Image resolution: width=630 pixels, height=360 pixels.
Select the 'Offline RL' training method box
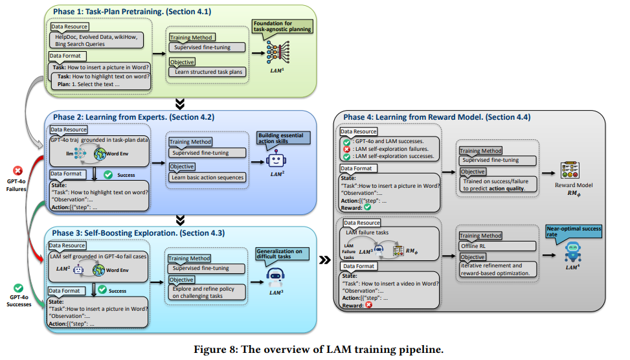pos(497,246)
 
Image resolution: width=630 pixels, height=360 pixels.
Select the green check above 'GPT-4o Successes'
pos(17,288)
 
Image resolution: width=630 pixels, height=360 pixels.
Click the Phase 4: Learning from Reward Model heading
pos(437,117)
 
